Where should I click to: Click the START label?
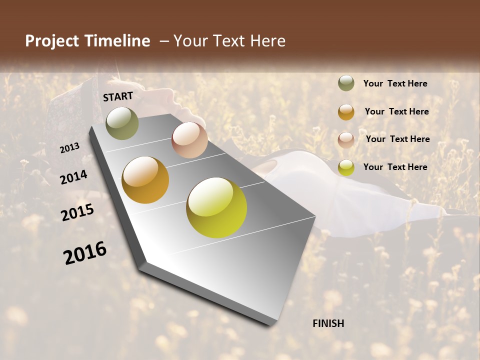tap(118, 96)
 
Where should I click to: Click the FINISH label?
tap(328, 323)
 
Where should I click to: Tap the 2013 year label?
tap(69, 147)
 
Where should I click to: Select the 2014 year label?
tap(74, 177)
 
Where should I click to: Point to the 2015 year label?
tap(77, 212)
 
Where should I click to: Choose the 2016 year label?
tap(85, 253)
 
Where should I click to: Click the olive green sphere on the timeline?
tap(122, 123)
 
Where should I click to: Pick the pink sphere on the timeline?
tap(189, 139)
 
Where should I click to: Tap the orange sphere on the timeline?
tap(145, 180)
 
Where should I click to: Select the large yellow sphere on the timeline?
tap(216, 207)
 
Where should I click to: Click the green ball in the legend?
tap(346, 83)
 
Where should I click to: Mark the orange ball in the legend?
tap(346, 112)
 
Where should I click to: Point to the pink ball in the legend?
tap(346, 139)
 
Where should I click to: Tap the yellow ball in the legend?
tap(346, 167)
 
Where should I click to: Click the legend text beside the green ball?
tap(395, 84)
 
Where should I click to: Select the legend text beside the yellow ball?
tap(395, 167)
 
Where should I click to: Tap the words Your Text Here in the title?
tap(229, 41)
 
